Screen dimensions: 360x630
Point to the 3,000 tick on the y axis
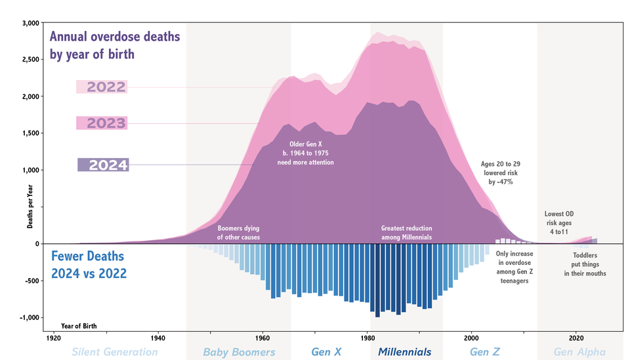31,23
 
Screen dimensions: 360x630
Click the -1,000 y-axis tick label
30,317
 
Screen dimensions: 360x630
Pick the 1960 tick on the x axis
262,338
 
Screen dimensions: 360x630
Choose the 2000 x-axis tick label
471,338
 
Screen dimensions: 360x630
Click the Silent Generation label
115,352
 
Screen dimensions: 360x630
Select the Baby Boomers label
239,352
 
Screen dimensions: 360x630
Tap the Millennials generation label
405,352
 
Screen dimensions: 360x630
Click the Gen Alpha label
579,352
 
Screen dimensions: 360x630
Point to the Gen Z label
485,352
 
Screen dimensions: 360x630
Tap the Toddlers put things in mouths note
585,264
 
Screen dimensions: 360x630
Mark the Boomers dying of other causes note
239,232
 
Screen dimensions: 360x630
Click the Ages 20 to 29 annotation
500,172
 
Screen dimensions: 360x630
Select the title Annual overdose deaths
115,45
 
